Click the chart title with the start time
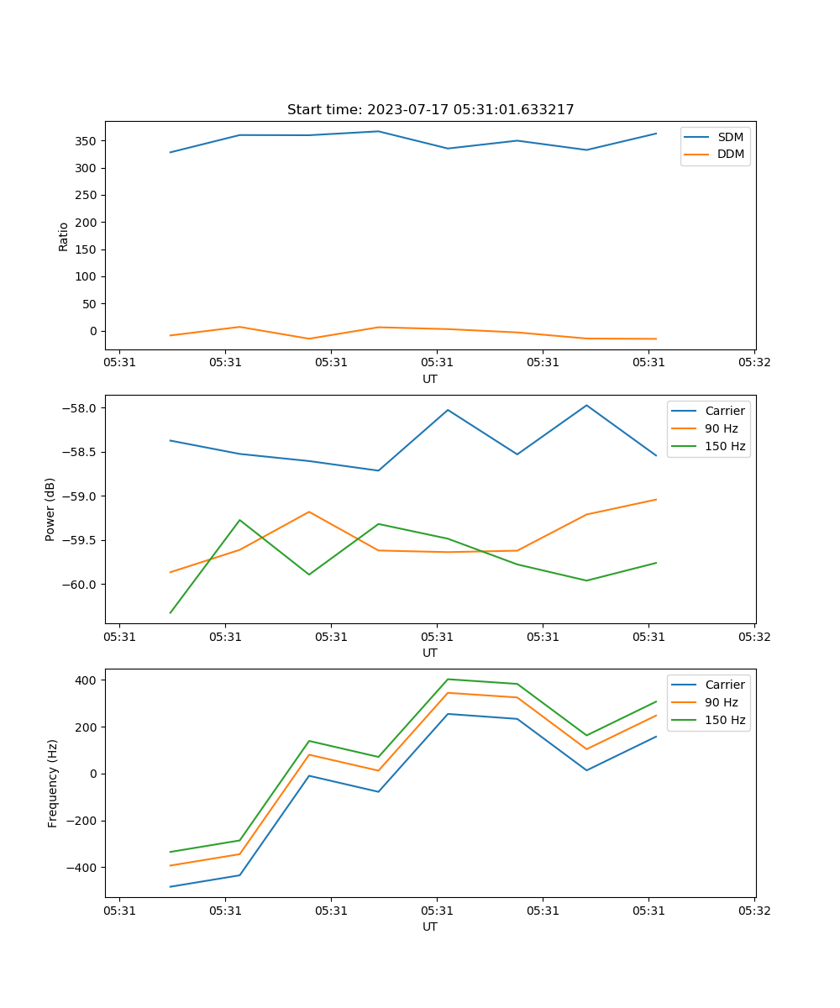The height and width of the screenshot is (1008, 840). pos(430,110)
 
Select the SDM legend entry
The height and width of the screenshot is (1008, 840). pos(730,137)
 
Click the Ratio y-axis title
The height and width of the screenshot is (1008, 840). pos(64,236)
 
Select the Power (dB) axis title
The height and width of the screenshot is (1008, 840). pos(50,509)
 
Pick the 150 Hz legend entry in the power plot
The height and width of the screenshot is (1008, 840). pos(725,446)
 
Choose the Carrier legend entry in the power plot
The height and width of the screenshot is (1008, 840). pos(724,411)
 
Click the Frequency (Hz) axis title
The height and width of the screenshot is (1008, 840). pos(52,783)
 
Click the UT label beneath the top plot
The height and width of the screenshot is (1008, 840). pos(430,379)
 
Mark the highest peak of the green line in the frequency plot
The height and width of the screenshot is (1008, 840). pos(448,679)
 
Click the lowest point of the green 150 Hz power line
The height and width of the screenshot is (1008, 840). pos(171,612)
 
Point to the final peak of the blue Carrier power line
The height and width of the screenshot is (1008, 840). pos(586,405)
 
